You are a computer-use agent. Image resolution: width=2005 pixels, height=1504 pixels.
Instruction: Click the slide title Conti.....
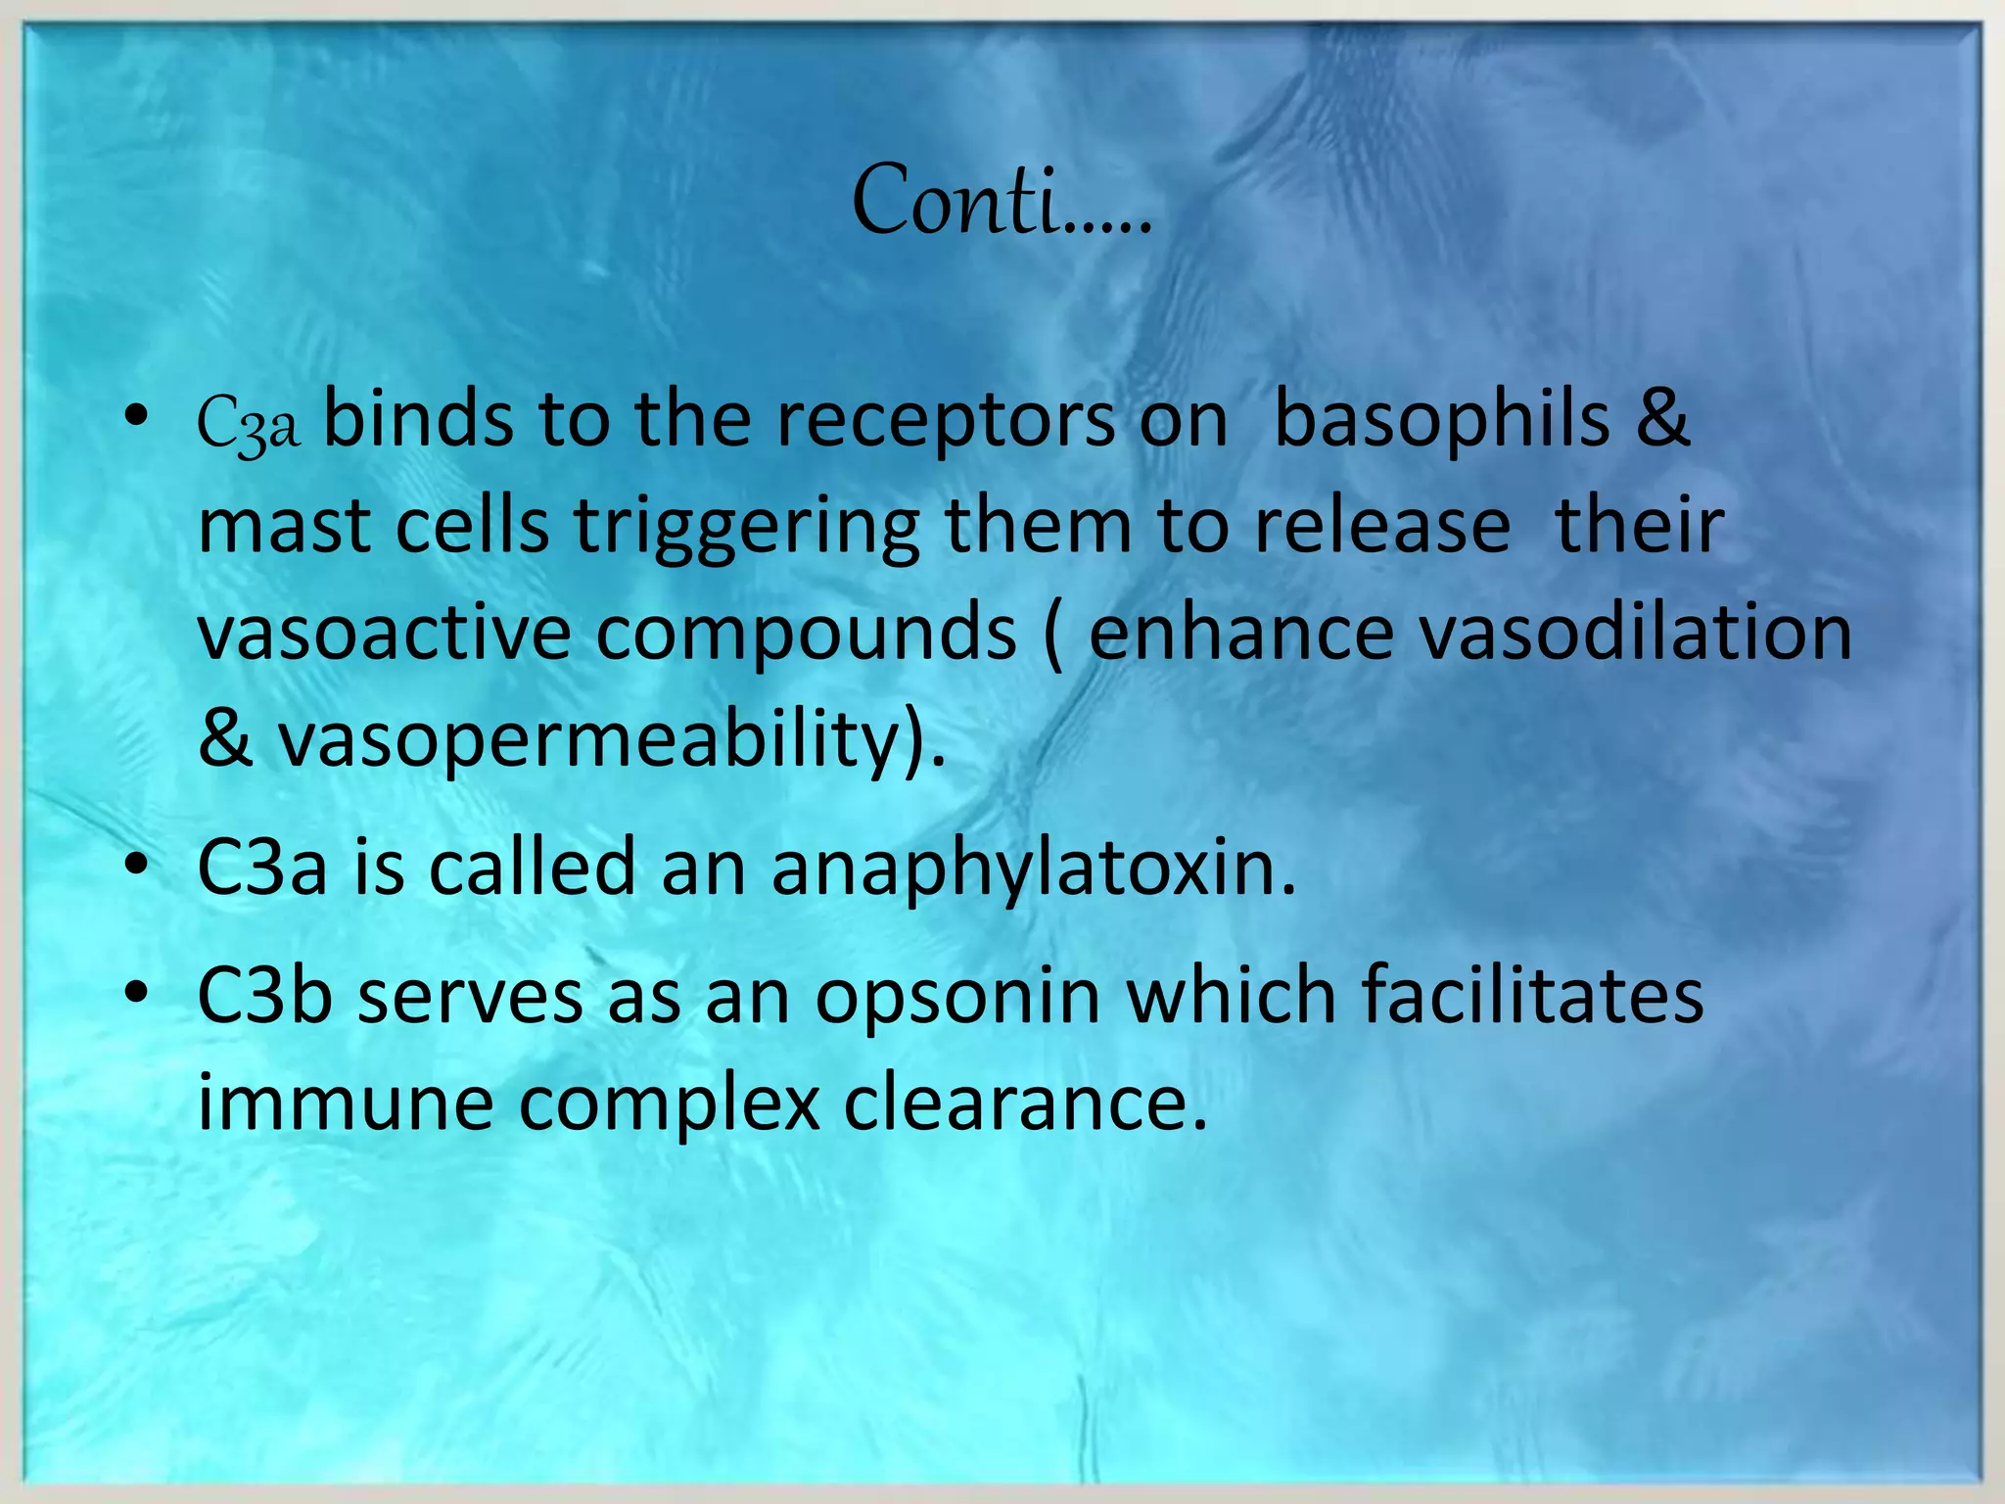point(1001,201)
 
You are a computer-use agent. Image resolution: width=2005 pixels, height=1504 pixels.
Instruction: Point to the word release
point(1382,527)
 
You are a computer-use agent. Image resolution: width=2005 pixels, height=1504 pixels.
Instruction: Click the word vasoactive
point(384,633)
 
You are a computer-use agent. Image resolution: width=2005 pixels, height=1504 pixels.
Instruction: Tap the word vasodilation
point(1635,633)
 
